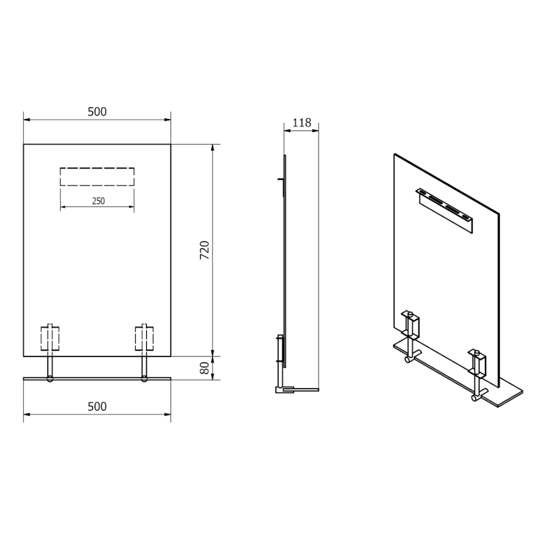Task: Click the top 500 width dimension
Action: tap(97, 112)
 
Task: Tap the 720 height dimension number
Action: tap(206, 250)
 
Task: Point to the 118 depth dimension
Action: tap(301, 123)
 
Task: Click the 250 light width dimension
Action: tap(97, 201)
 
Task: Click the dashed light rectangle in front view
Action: tap(97, 177)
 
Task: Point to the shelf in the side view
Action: tap(301, 390)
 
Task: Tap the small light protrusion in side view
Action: tap(279, 179)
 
